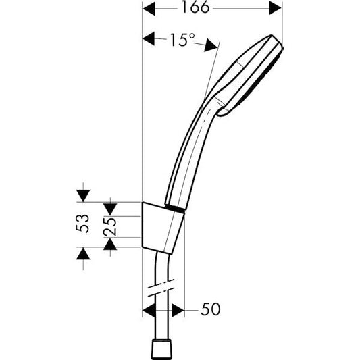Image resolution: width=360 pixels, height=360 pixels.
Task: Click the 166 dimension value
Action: [207, 8]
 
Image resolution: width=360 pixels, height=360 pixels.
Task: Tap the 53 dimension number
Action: [82, 224]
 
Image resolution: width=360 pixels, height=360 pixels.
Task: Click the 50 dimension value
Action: [209, 310]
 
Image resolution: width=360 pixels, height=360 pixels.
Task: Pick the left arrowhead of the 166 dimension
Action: [151, 9]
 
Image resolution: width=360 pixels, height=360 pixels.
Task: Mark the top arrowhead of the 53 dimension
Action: [82, 196]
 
